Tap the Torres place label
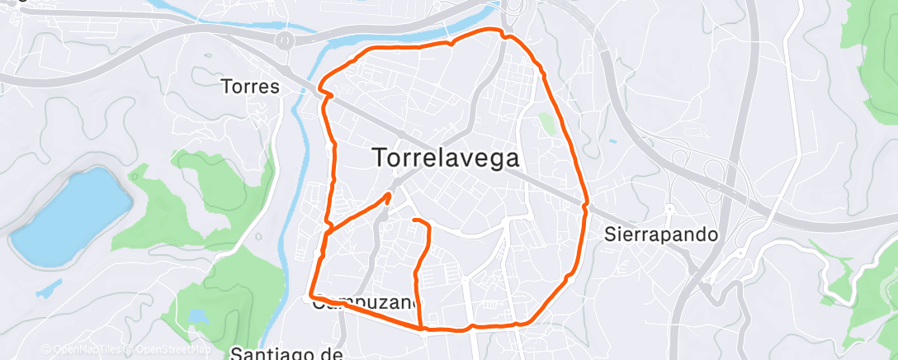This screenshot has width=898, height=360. [x=251, y=87]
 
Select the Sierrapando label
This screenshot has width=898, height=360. [x=661, y=234]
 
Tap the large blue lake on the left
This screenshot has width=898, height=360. [x=70, y=216]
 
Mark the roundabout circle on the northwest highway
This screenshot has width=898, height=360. [x=286, y=39]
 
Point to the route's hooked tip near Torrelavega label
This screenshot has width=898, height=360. [x=389, y=196]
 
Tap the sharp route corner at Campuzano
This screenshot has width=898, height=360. [x=310, y=293]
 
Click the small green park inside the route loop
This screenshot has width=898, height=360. [x=546, y=123]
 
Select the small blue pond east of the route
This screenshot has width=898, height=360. [x=612, y=141]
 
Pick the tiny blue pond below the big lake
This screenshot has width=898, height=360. [x=51, y=288]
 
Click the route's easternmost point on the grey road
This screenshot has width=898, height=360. [x=586, y=203]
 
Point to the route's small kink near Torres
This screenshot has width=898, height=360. [x=325, y=90]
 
